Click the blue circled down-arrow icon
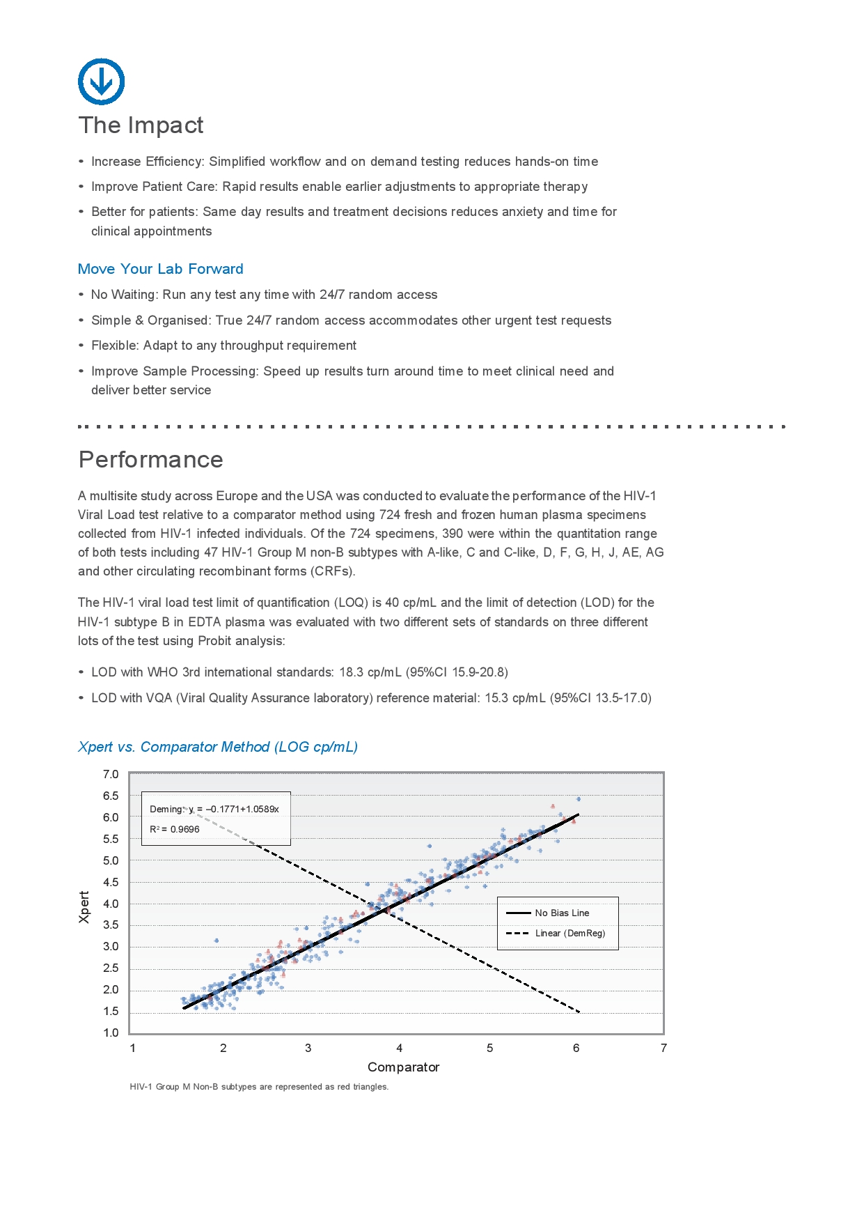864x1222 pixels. tap(102, 82)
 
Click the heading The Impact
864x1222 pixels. tap(141, 125)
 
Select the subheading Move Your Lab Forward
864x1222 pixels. tap(160, 269)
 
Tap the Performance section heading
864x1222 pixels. tap(150, 460)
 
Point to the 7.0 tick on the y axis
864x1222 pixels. tap(111, 774)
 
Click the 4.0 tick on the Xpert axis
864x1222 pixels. tap(111, 904)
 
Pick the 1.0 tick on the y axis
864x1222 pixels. tap(111, 1032)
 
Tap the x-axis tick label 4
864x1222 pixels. tap(399, 1048)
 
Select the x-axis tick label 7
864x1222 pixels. tap(663, 1048)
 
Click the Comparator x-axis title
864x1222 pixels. tap(403, 1067)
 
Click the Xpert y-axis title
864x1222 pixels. tap(84, 907)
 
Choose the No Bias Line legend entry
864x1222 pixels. tap(561, 913)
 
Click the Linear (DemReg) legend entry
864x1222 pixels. tap(570, 933)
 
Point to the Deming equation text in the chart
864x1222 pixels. tap(214, 809)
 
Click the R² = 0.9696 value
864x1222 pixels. tap(175, 829)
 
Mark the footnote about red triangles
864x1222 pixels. tap(259, 1087)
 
